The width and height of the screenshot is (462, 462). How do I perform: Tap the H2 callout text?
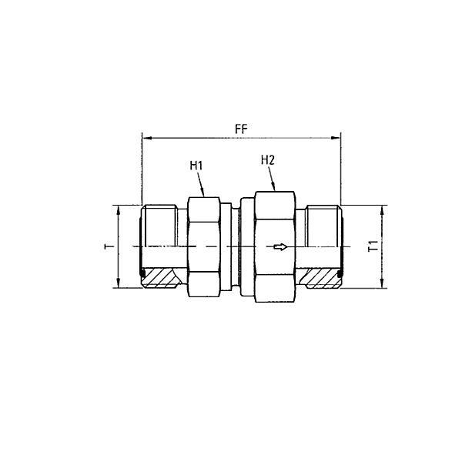pyautogui.click(x=268, y=160)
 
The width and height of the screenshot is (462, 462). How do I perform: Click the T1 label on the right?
pyautogui.click(x=373, y=246)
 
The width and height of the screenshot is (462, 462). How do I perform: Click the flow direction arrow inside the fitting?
pyautogui.click(x=281, y=246)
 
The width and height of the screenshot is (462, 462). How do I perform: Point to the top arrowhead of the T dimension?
pyautogui.click(x=117, y=210)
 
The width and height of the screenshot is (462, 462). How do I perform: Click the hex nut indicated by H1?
pyautogui.click(x=205, y=246)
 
